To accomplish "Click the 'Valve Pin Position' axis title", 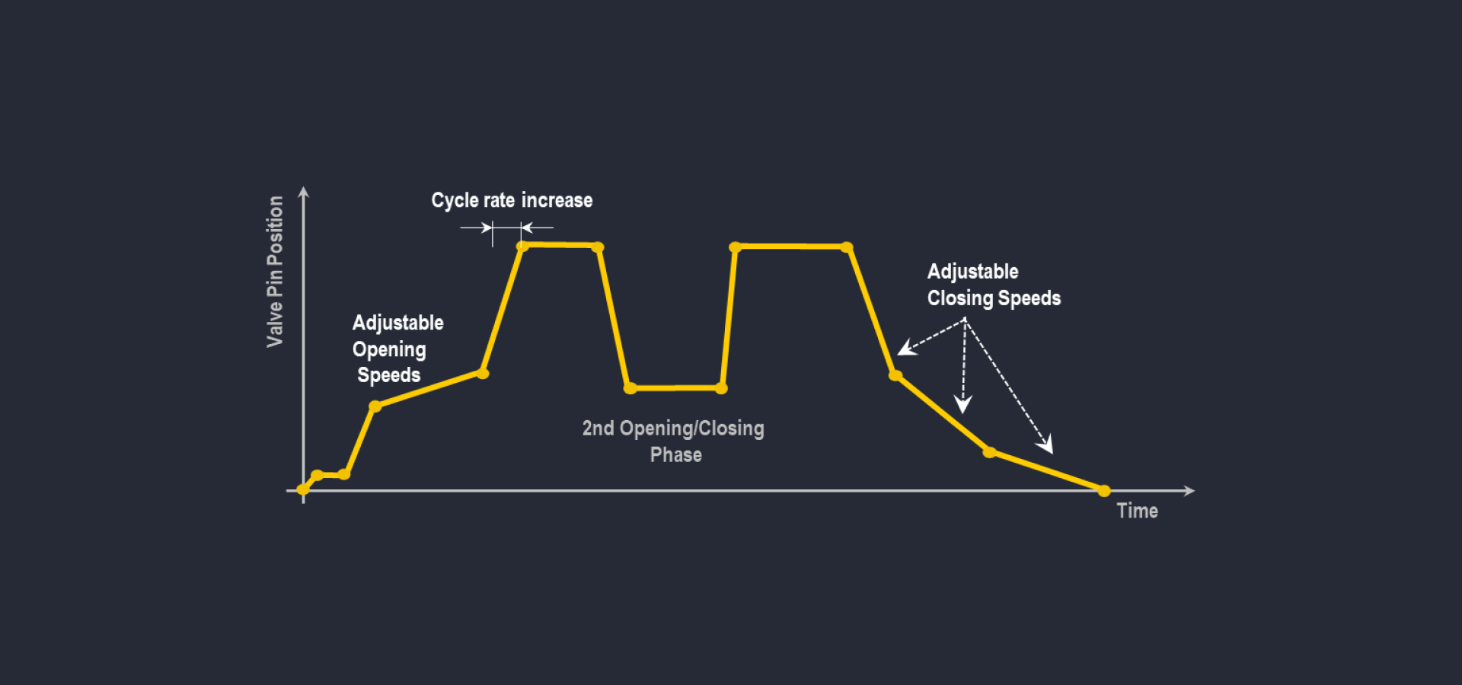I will point(275,271).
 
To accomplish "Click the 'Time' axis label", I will point(1137,511).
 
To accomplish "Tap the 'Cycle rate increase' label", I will point(512,200).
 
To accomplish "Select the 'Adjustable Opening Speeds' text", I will point(397,349).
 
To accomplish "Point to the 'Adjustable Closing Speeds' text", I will point(993,285).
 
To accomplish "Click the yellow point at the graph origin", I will point(303,489).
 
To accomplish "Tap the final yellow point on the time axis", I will point(1104,491).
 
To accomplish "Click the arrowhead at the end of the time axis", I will point(1189,491).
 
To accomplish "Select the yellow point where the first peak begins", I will point(522,246).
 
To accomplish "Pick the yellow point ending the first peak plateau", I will point(598,247).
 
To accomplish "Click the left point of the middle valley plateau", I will point(630,388).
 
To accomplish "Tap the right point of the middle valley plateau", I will point(721,388).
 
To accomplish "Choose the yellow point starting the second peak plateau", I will point(735,247).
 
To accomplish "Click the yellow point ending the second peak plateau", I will point(847,247).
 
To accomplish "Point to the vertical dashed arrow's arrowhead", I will point(963,405).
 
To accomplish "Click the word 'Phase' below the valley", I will point(675,455).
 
